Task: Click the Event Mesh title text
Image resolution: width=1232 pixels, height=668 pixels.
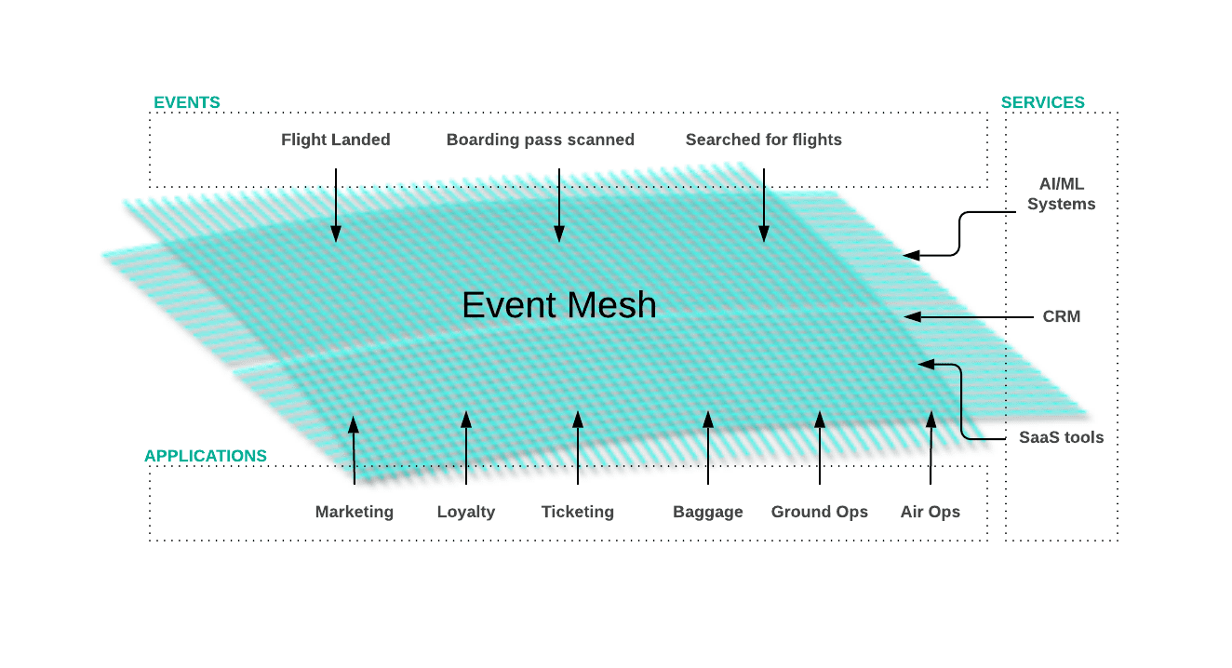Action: point(559,305)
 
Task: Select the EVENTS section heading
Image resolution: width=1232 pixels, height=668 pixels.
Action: point(187,102)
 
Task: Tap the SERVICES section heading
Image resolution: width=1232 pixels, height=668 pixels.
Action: point(1042,102)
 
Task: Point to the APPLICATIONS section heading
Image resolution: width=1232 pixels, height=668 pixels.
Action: point(206,456)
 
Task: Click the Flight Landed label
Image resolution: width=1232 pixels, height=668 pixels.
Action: point(336,140)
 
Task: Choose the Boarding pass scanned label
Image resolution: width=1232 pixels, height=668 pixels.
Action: point(541,140)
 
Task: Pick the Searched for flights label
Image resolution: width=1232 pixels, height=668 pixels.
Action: point(764,140)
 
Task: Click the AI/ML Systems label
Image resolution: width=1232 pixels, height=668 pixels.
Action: point(1061,194)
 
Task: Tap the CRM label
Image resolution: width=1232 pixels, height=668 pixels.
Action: point(1061,316)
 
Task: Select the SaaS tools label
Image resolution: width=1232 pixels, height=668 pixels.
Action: point(1061,437)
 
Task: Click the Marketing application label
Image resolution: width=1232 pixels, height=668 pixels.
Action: point(355,512)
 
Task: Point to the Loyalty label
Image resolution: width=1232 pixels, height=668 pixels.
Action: point(466,512)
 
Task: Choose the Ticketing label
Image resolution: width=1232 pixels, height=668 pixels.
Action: point(578,512)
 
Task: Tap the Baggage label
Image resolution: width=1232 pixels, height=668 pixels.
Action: point(708,512)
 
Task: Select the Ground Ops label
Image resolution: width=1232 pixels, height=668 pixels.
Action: point(820,512)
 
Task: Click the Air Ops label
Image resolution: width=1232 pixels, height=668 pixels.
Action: point(931,512)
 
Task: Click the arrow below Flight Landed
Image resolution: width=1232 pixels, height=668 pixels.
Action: point(336,205)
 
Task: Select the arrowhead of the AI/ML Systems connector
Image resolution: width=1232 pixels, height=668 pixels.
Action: point(911,254)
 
